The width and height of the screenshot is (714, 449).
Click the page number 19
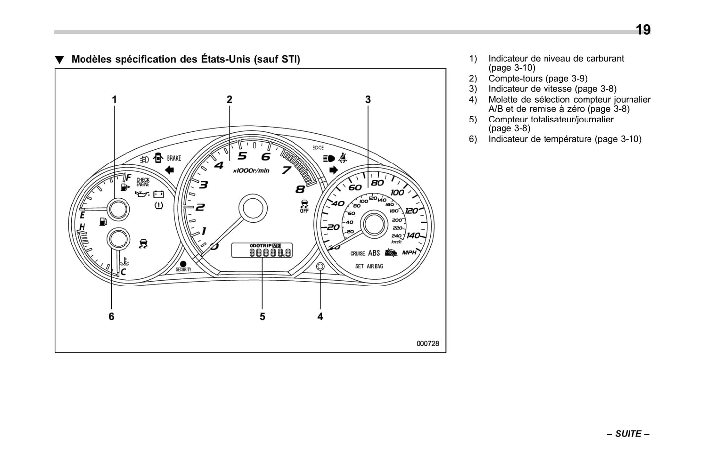pos(643,30)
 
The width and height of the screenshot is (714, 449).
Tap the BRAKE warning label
pos(174,158)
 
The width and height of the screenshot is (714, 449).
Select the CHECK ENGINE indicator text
pos(143,182)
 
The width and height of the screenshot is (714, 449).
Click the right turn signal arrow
pos(333,170)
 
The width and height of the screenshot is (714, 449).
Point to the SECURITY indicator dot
pos(183,264)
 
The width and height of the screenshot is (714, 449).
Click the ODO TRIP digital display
pos(262,250)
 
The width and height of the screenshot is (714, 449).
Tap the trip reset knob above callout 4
pos(320,267)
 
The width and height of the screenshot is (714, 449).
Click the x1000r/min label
pos(251,171)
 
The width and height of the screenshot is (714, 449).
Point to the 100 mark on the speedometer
pos(397,192)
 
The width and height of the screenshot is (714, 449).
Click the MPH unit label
pos(409,253)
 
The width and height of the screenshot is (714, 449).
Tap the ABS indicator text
pos(374,253)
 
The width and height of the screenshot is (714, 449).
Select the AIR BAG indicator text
pos(375,266)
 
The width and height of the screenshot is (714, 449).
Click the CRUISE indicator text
pos(357,254)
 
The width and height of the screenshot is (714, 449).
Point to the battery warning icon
pos(158,194)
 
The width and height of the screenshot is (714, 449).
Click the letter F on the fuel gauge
pos(128,177)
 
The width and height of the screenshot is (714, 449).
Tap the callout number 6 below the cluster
pos(111,316)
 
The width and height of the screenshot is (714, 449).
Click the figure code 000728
pos(427,344)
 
